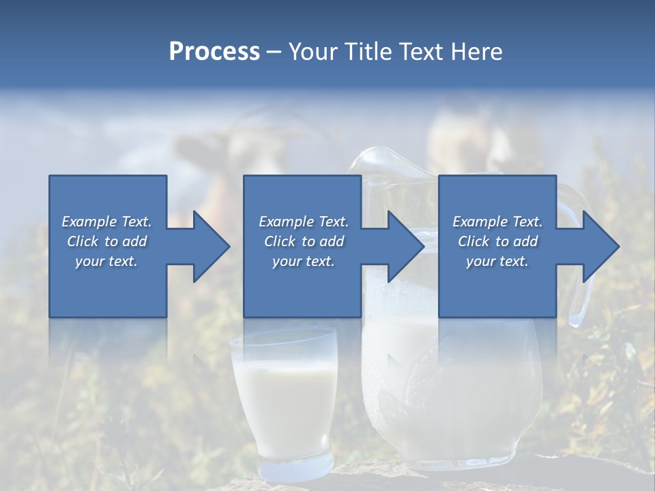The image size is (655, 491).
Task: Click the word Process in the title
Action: click(214, 52)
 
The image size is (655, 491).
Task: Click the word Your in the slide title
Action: click(314, 52)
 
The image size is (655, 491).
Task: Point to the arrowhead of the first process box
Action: click(208, 246)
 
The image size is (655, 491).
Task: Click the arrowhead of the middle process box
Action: click(403, 246)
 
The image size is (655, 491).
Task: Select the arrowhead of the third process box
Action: click(598, 246)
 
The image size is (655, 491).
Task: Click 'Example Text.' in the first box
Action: click(106, 222)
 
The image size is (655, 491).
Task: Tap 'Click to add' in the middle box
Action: click(304, 241)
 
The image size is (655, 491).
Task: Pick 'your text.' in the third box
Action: click(497, 261)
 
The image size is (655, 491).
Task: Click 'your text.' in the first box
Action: click(106, 261)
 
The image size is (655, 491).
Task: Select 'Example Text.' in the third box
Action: click(497, 222)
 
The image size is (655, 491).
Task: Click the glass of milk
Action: click(284, 396)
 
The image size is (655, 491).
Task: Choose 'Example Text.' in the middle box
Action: click(304, 222)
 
